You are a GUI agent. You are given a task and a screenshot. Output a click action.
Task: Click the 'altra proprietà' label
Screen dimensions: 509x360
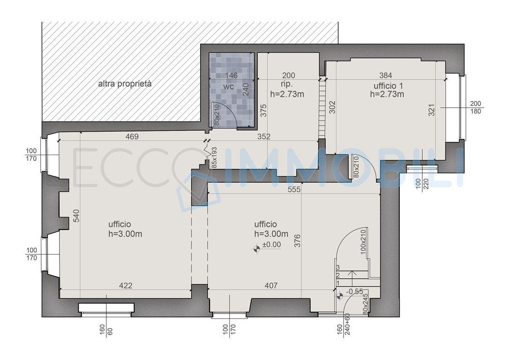125,84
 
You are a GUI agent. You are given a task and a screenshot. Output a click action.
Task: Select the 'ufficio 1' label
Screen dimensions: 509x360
388,86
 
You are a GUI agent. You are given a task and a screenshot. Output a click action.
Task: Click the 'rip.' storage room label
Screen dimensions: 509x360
287,84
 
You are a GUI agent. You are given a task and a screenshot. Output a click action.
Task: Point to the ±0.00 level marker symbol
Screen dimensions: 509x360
257,249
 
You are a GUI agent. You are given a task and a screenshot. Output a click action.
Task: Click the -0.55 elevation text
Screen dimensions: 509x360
354,292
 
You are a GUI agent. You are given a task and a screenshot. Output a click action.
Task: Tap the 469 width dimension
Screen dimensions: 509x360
132,137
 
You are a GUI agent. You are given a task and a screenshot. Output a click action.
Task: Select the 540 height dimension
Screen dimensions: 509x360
76,216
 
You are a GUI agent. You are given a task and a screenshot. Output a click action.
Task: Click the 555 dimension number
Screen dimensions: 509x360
294,189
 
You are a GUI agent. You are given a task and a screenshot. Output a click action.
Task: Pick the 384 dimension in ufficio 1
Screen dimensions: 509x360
386,75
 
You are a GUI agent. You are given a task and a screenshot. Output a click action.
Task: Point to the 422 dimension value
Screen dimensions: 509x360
126,285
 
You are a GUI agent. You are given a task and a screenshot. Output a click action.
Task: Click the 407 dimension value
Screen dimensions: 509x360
271,285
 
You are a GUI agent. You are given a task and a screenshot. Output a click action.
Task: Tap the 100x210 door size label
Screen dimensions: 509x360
363,241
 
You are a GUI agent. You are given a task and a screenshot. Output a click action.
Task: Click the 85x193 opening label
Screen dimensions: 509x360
214,157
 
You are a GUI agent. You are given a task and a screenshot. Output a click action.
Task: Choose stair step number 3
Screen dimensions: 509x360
338,268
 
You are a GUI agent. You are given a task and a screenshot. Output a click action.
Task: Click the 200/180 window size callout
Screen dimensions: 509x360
476,107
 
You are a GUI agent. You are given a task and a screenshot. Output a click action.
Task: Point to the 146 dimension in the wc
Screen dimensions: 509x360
231,75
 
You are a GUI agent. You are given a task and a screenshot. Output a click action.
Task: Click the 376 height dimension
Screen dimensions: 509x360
297,241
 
